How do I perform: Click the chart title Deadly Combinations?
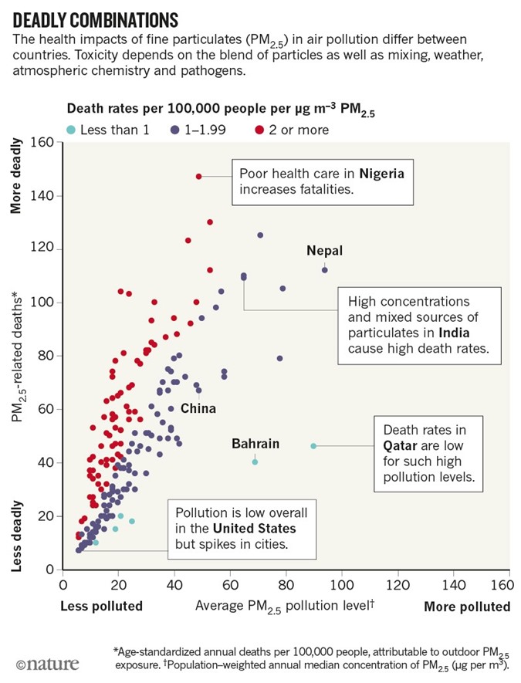[x=96, y=19]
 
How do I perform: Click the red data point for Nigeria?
[x=198, y=177]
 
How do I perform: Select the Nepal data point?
[x=325, y=269]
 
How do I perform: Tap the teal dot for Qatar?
[x=313, y=446]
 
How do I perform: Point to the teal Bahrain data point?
[x=255, y=462]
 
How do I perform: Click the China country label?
[x=198, y=408]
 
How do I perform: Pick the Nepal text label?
[x=324, y=250]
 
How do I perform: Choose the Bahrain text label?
[x=255, y=444]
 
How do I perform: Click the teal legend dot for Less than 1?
[x=73, y=130]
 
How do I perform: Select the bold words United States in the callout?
[x=254, y=529]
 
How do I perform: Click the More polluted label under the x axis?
[x=467, y=607]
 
